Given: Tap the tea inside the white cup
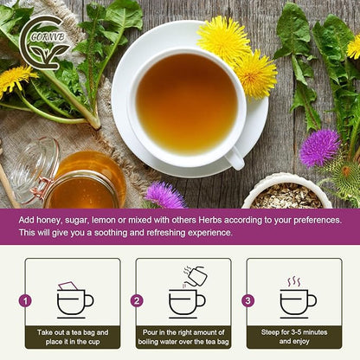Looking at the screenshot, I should point(186,104).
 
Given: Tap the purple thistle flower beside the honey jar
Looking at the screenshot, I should point(164,196).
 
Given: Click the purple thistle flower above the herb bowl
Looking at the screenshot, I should point(319,147).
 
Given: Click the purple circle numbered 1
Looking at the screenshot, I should point(25,301).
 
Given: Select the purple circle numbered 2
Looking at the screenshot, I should point(136,301).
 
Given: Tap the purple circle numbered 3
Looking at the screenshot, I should point(247,301).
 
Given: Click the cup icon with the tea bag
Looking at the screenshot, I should point(74,299).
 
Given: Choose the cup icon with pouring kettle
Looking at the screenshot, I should point(186,294).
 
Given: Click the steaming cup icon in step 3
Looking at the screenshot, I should point(297,299).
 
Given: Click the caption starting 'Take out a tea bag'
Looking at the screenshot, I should point(73,337).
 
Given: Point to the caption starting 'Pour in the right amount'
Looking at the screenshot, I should point(183,337).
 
